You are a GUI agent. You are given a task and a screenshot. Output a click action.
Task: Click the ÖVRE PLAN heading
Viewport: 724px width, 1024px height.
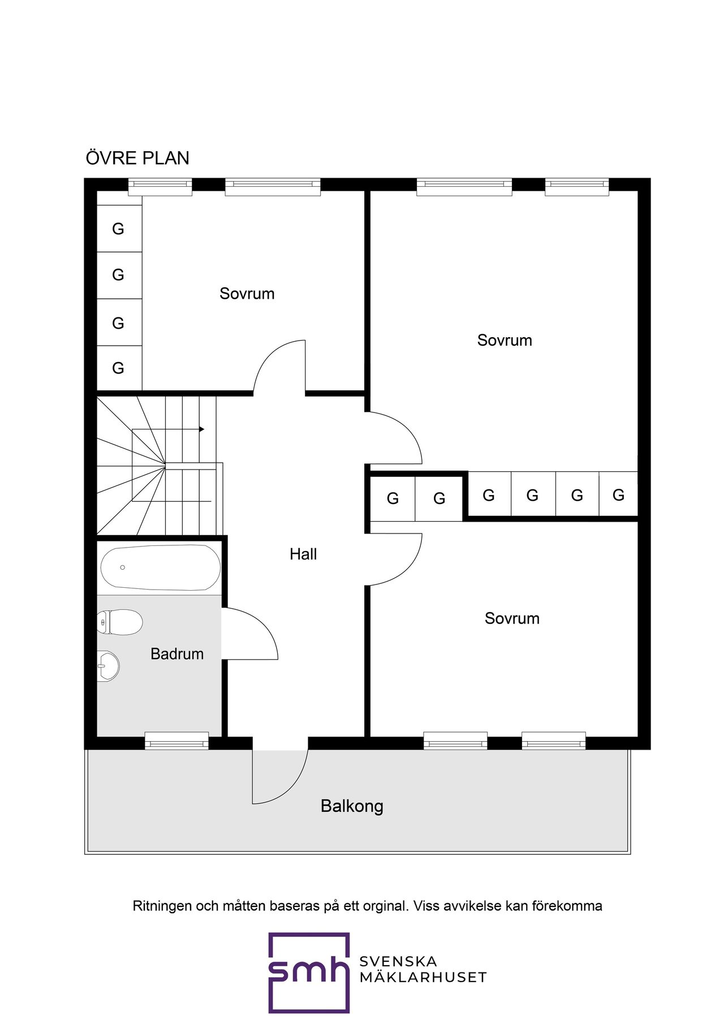click(137, 158)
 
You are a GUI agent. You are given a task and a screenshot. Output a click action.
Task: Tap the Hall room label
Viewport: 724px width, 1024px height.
click(303, 554)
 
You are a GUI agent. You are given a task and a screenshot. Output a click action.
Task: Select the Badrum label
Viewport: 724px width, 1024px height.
click(177, 654)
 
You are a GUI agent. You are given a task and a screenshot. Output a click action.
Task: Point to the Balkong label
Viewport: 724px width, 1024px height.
click(352, 806)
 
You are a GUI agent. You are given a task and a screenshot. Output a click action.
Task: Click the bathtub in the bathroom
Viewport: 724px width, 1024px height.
click(161, 567)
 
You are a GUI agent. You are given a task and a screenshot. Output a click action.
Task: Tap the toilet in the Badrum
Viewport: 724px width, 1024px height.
click(119, 622)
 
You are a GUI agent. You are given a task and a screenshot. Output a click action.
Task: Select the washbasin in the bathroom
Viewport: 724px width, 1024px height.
click(108, 666)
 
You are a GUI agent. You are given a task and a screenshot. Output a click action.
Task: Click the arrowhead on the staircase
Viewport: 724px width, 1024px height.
click(201, 429)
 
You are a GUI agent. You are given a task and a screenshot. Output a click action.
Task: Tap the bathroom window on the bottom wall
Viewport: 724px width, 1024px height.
click(176, 741)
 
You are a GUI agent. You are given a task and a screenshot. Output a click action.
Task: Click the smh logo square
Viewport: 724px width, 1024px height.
click(309, 973)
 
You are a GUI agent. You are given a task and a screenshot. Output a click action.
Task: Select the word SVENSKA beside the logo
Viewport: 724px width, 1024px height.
click(398, 962)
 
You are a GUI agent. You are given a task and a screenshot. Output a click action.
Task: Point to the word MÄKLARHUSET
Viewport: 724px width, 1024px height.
click(423, 977)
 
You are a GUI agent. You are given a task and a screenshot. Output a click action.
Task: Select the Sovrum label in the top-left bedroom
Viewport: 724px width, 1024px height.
click(247, 294)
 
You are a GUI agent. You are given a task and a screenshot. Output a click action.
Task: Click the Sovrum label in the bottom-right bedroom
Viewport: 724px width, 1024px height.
click(512, 618)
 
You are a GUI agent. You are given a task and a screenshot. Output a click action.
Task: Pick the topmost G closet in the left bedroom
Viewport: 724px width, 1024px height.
click(119, 229)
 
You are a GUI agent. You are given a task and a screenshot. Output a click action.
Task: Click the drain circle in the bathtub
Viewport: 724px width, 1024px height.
click(122, 567)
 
